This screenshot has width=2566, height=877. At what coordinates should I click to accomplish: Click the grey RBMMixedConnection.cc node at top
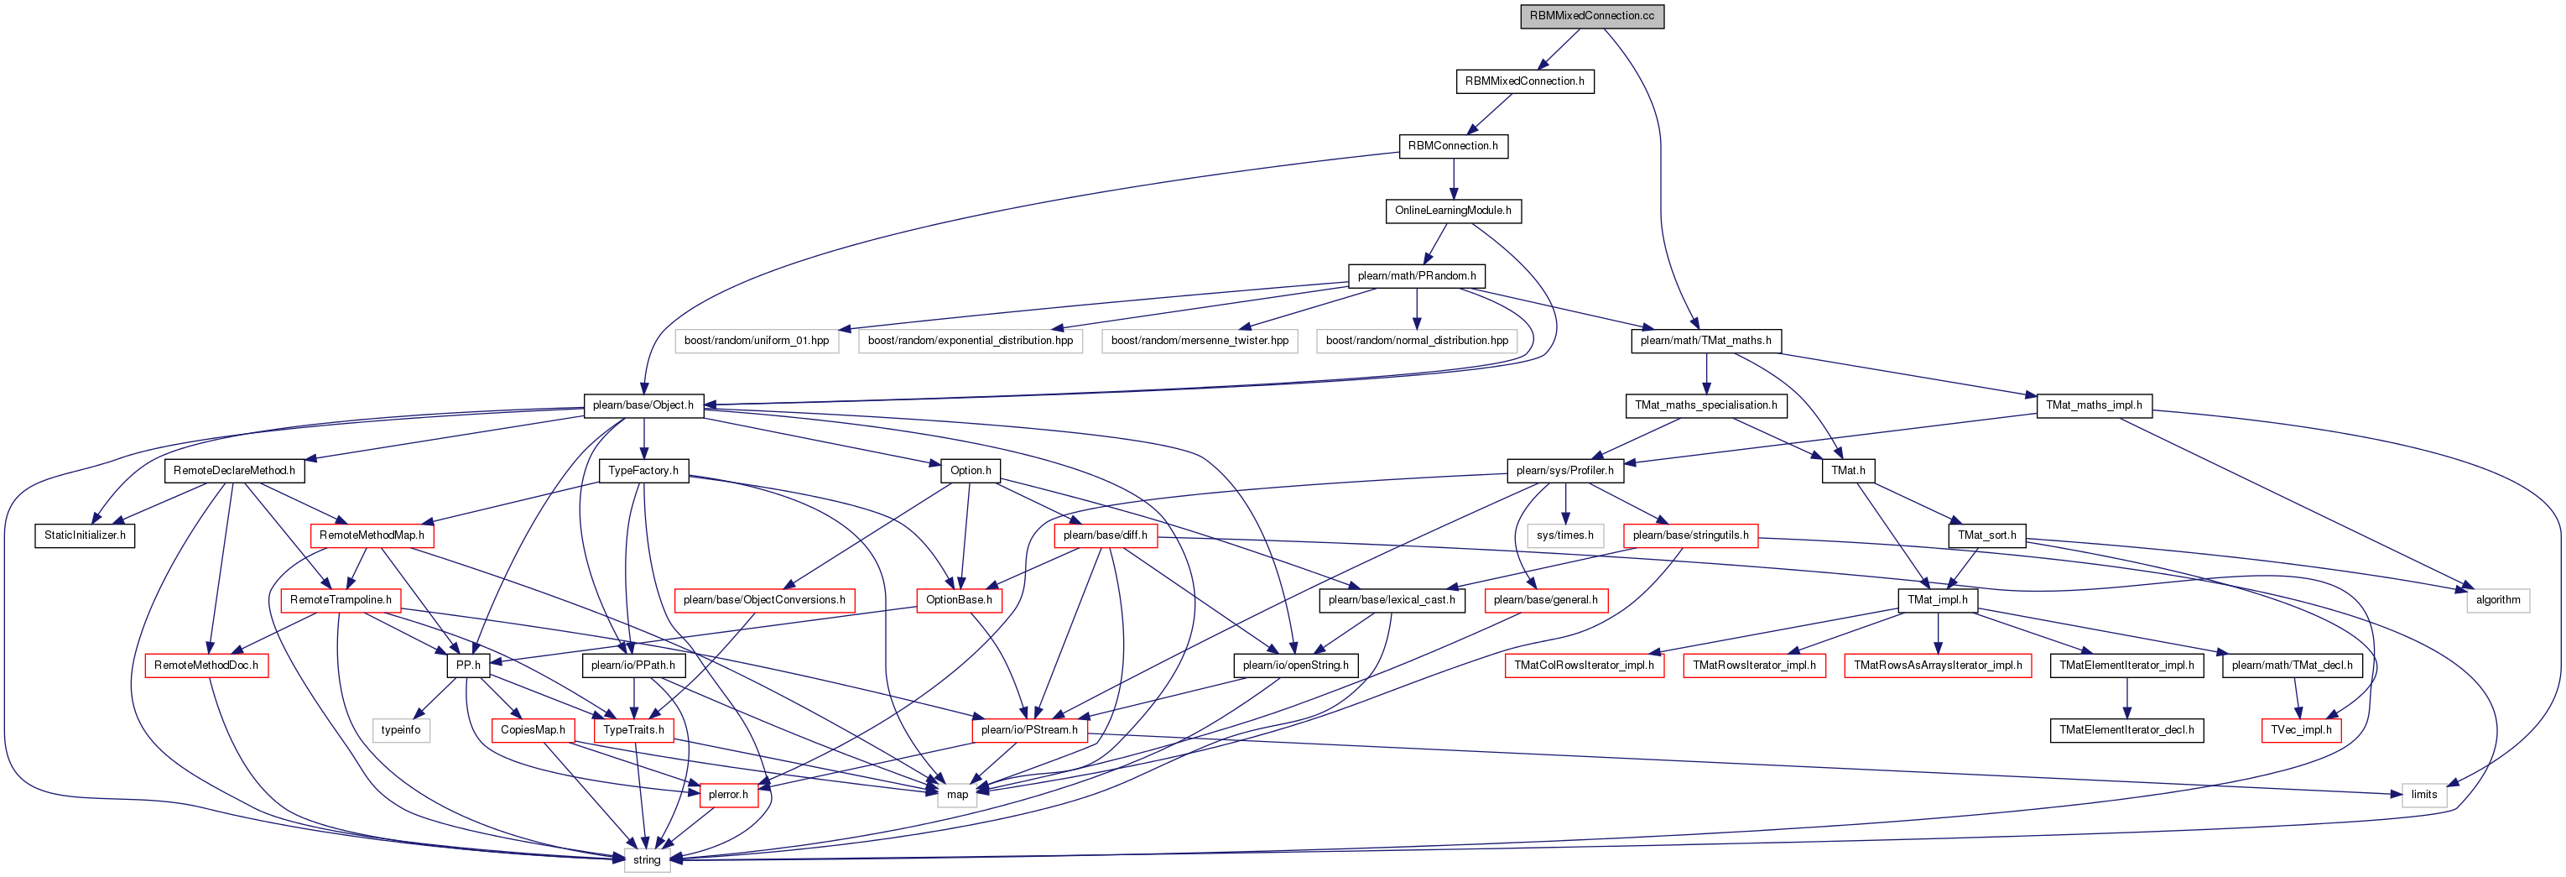[1592, 16]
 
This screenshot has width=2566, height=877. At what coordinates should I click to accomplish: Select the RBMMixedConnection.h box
[1524, 81]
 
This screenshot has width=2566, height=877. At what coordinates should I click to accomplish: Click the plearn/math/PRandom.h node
[1417, 275]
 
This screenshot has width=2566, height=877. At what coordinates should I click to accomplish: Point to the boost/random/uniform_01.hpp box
[756, 341]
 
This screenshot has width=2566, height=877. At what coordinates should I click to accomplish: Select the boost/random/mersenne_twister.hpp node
[1200, 341]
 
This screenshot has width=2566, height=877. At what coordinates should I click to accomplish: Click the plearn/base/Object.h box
[643, 405]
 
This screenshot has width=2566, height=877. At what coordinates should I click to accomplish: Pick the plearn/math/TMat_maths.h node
[1705, 341]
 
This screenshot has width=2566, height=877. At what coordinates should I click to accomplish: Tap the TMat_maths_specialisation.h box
[1705, 405]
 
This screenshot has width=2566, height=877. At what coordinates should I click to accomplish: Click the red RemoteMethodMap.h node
[372, 535]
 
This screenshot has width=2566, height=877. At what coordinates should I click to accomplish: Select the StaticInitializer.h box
[85, 535]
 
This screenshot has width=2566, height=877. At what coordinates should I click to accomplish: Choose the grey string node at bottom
[647, 860]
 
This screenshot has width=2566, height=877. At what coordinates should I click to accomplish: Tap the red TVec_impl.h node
[2301, 730]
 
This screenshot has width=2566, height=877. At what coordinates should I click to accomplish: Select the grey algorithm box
[2498, 600]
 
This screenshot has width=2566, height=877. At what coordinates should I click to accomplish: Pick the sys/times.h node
[1565, 535]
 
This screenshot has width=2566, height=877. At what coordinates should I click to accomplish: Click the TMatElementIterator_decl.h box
[2126, 730]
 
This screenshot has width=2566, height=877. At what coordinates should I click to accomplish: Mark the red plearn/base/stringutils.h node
[1690, 535]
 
